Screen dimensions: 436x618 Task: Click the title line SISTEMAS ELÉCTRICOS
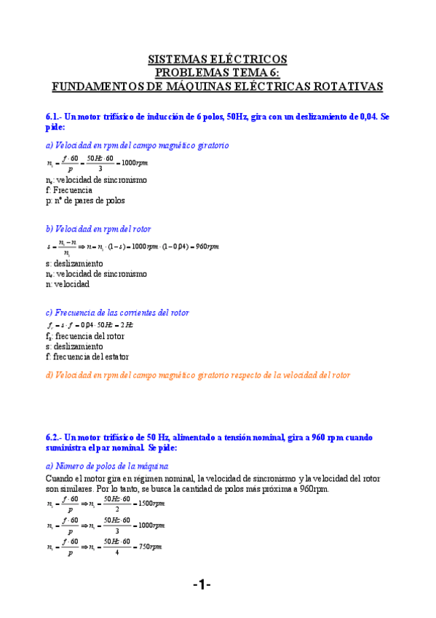[218, 59]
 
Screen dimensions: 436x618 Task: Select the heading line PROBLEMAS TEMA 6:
[218, 72]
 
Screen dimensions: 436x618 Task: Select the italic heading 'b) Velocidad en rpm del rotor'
[98, 229]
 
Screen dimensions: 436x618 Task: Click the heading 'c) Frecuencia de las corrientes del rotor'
[117, 313]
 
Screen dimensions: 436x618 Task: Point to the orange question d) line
[198, 375]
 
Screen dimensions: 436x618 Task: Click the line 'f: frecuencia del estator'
[87, 357]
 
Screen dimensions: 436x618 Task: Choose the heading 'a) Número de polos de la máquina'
[107, 466]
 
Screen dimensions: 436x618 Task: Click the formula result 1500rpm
[151, 504]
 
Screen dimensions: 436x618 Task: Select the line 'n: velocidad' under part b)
[67, 283]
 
